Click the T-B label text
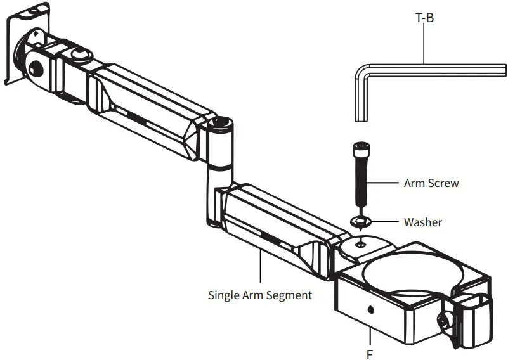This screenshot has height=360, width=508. [424, 18]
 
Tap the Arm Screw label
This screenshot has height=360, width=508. [431, 183]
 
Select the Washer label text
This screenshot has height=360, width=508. [422, 222]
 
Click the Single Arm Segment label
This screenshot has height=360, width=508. [260, 295]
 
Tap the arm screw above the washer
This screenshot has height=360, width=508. [360, 177]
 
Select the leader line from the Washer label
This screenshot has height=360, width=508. [384, 222]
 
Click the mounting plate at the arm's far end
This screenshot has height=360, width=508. [25, 48]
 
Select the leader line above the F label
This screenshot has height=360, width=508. [370, 336]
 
